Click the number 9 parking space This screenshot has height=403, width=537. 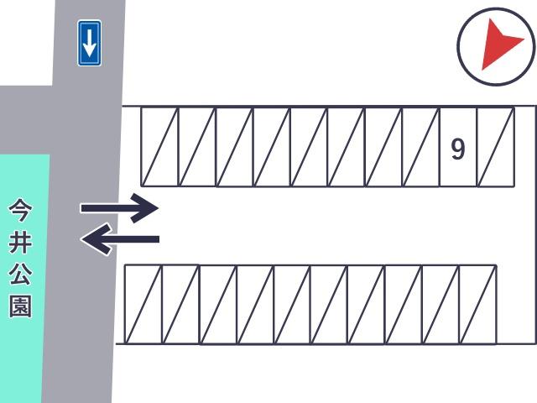tap(458, 148)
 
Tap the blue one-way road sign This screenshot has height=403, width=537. tap(90, 43)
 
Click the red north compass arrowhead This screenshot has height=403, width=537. tap(499, 44)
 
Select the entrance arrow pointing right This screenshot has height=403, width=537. tap(119, 208)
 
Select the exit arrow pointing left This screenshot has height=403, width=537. tap(120, 238)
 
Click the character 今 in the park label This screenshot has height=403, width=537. tap(20, 210)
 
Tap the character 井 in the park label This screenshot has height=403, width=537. tap(20, 242)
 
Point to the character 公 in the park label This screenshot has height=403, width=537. tap(20, 274)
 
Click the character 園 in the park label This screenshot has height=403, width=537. tap(20, 306)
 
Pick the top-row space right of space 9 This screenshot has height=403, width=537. tap(496, 148)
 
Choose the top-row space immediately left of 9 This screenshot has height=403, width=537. tap(420, 148)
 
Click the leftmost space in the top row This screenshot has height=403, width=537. tap(160, 148)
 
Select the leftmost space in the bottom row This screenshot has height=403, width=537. tap(143, 304)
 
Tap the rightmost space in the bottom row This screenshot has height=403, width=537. tap(477, 304)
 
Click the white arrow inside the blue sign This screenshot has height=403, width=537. tap(90, 43)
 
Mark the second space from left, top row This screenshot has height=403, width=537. tap(197, 148)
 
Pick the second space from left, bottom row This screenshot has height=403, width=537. tap(180, 304)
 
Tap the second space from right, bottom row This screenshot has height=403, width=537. tap(441, 304)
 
